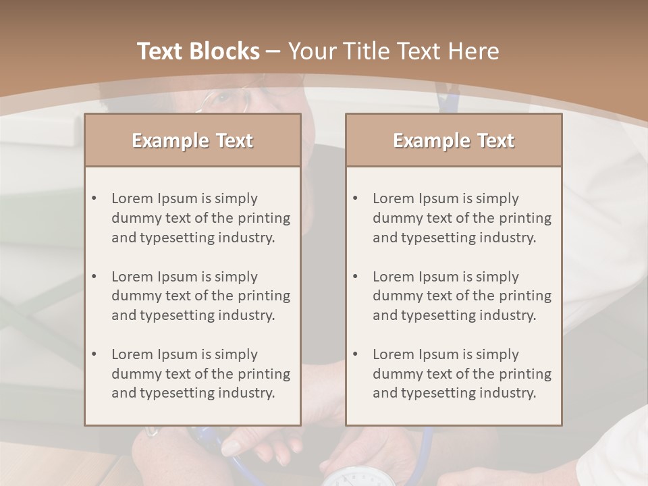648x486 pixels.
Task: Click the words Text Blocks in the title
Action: [198, 51]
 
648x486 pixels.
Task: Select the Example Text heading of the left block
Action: [192, 140]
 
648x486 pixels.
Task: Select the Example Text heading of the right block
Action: [454, 140]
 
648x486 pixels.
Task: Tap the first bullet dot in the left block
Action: [94, 198]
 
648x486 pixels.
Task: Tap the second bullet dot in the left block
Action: [94, 277]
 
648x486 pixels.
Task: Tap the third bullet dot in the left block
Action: [94, 354]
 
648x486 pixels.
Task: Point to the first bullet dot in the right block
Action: [356, 198]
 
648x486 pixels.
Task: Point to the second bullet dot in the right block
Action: [356, 277]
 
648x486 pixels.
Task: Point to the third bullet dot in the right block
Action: [356, 354]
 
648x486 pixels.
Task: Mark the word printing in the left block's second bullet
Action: [265, 296]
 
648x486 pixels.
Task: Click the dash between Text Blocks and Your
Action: [273, 51]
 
